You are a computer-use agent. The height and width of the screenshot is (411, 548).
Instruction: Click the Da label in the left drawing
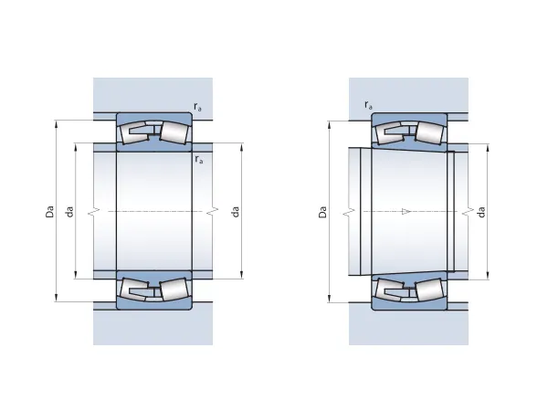50,212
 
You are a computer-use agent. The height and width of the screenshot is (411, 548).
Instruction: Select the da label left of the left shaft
69,212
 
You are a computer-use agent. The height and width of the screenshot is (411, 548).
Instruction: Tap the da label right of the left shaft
236,212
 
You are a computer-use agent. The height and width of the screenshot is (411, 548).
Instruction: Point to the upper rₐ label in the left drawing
197,107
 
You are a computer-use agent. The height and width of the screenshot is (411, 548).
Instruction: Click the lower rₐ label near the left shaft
199,159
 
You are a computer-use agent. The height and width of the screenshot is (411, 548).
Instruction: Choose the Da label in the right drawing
322,212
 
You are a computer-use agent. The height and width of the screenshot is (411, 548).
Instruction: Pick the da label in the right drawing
481,212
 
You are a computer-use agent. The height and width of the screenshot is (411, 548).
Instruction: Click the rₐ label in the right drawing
368,105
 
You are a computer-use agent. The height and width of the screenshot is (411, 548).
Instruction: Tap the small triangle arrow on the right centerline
406,212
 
